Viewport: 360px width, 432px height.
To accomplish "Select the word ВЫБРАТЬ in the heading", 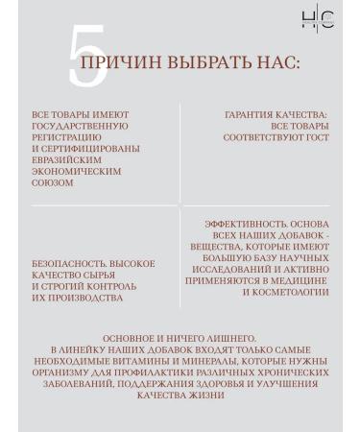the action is (x=207, y=63).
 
